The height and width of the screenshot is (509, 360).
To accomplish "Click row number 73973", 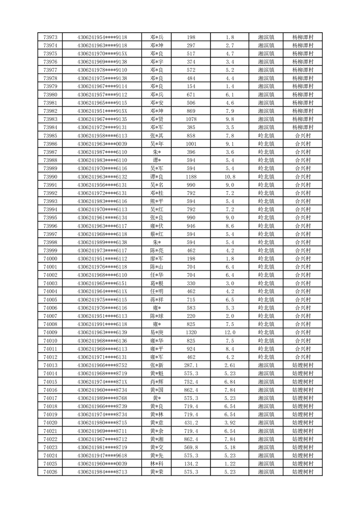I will click(x=50, y=37).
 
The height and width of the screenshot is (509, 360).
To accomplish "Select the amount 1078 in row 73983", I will click(x=190, y=119).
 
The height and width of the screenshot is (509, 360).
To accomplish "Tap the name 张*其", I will click(x=157, y=136).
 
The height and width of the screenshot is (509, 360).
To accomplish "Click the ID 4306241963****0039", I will click(x=102, y=144).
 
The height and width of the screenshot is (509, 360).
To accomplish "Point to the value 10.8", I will click(x=229, y=176).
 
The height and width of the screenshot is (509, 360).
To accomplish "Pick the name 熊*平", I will click(x=157, y=201).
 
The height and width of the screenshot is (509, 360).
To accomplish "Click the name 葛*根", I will click(x=157, y=283).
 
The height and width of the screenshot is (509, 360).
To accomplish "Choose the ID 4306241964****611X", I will click(x=102, y=291).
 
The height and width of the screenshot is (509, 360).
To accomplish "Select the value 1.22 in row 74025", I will click(x=229, y=464).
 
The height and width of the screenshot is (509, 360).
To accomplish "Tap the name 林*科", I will click(x=157, y=464).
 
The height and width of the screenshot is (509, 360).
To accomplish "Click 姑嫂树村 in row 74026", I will click(x=303, y=472).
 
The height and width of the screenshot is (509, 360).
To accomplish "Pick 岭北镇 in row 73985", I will click(x=266, y=136).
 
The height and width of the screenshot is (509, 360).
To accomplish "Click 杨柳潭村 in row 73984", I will click(x=303, y=127).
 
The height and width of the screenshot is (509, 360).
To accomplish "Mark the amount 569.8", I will click(x=190, y=447).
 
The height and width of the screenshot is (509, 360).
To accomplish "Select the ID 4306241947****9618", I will click(x=102, y=455).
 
